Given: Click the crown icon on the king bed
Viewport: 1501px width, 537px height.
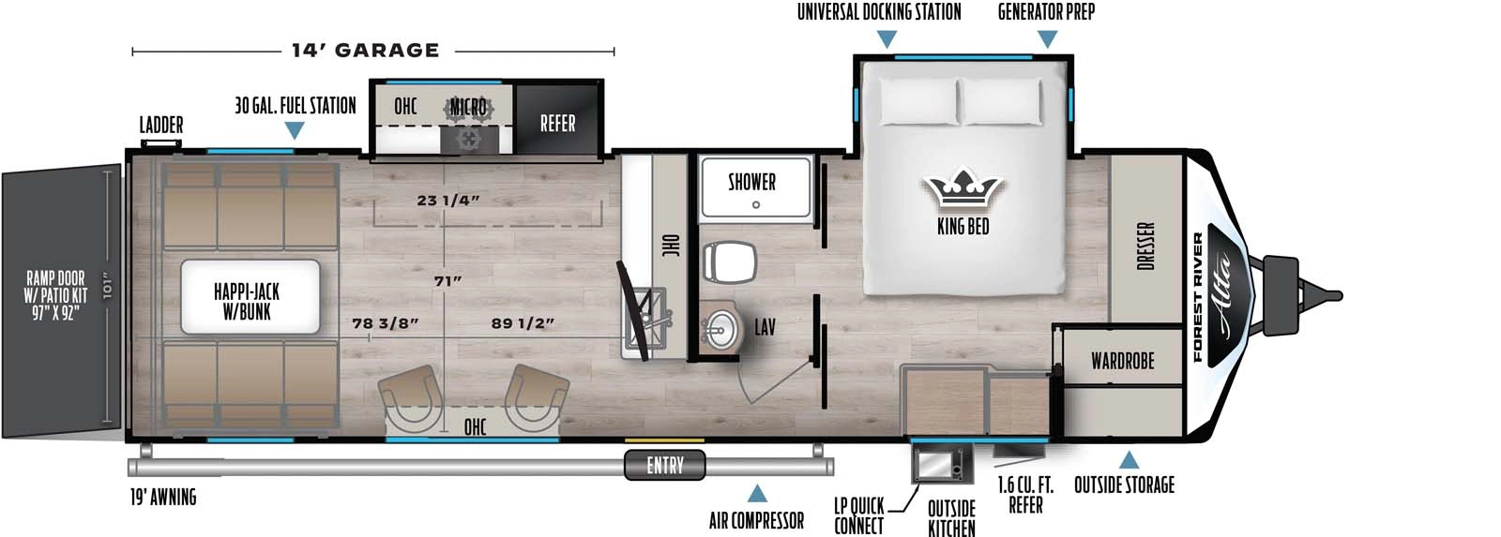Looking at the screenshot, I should coord(963,189).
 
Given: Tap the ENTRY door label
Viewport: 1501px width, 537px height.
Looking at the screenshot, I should coord(665,465).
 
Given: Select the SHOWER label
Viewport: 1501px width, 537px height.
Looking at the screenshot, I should coord(751,182).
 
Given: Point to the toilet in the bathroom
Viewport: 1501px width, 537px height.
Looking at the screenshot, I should coord(729,261).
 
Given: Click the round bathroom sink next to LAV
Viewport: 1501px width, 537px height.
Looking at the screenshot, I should coord(720,329).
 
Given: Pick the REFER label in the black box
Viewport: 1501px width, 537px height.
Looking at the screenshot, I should coord(557,124).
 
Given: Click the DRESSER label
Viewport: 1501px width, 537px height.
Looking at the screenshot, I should coord(1145,246).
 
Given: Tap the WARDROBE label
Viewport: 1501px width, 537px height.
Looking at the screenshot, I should coord(1122,361).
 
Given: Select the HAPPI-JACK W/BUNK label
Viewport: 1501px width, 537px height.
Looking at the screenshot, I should coord(248,302).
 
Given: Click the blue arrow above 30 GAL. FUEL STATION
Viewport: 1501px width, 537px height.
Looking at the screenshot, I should coord(295,131).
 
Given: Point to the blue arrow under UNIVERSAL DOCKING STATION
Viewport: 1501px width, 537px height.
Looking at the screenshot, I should coord(886,39).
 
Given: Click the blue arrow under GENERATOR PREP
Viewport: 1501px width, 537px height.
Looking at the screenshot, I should coord(1048,39).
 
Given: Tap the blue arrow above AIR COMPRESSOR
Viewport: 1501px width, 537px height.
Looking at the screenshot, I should coord(756,494).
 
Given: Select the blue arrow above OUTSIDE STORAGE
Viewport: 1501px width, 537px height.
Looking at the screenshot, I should coord(1129,460).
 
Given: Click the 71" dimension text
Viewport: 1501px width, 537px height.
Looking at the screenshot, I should coord(448,281).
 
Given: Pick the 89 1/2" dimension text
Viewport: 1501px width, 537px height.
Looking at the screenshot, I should coord(523,323).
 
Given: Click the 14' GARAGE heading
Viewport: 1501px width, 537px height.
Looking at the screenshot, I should coord(365,51).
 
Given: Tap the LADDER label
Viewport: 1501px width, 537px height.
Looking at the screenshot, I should coord(161,125).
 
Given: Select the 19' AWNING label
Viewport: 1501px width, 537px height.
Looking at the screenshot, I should coord(163,497).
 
